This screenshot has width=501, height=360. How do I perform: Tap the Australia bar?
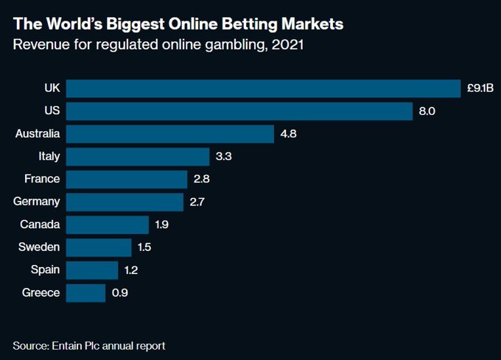(x=170, y=134)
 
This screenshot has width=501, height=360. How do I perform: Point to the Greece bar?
(x=85, y=293)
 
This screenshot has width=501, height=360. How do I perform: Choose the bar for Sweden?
(x=99, y=247)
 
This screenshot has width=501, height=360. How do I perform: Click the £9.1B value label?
(x=480, y=88)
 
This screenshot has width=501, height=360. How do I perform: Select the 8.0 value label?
(x=427, y=111)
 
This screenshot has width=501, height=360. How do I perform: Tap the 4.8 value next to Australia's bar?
(x=290, y=134)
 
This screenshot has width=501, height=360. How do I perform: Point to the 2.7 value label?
(x=198, y=202)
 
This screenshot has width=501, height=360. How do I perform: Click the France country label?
(x=42, y=179)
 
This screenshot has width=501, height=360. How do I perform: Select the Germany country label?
(x=36, y=202)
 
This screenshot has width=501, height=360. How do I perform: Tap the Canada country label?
(x=41, y=225)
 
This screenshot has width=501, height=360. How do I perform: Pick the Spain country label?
(x=45, y=270)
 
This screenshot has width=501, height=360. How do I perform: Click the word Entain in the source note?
(x=69, y=345)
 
